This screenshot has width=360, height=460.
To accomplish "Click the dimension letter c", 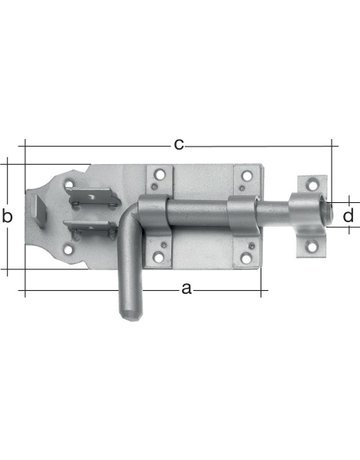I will click(x=178, y=145).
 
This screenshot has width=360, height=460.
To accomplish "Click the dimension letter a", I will click(x=185, y=290).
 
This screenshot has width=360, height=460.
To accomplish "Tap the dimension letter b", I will click(x=7, y=216).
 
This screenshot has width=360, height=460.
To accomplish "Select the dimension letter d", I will click(x=348, y=214).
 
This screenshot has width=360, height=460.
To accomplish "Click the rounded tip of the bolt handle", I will click(x=128, y=318).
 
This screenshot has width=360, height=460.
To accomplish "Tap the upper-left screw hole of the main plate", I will click(x=157, y=179).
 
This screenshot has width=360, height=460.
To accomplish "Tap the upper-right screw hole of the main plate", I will click(x=243, y=179).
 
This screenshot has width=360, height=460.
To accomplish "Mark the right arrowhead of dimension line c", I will click(x=327, y=146).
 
